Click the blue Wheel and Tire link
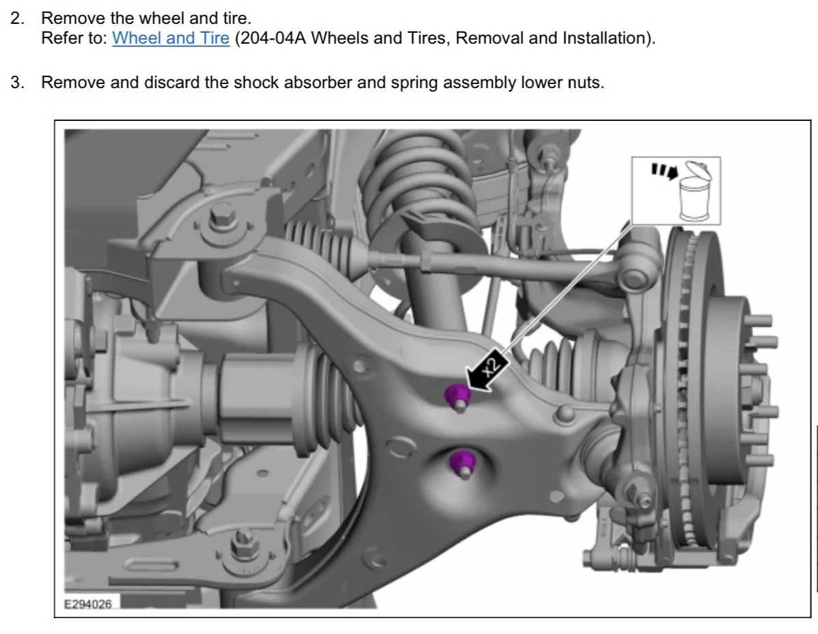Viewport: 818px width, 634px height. click(171, 38)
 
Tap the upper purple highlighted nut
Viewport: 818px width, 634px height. click(456, 396)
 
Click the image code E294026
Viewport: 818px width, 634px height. click(87, 604)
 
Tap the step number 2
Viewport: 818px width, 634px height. click(17, 18)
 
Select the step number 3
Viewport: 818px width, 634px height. click(17, 83)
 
